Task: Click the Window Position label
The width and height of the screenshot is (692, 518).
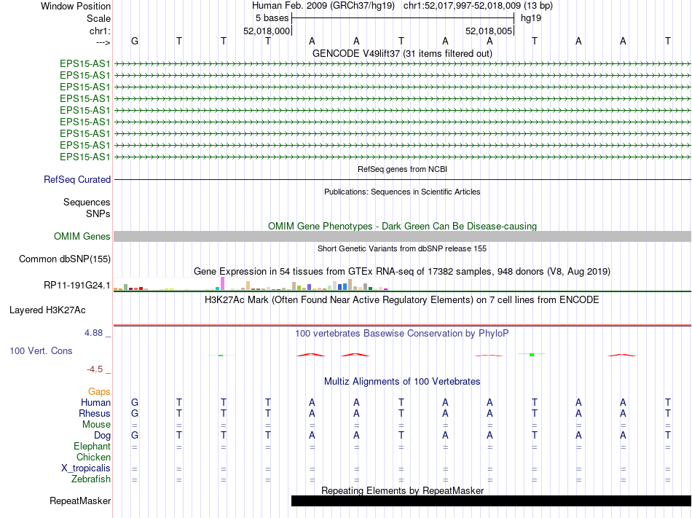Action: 76,6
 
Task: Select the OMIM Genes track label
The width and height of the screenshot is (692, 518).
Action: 82,237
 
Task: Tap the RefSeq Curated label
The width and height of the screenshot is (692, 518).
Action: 77,180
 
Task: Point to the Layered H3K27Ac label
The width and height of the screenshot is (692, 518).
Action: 47,310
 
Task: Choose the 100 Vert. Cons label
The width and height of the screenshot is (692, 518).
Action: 41,351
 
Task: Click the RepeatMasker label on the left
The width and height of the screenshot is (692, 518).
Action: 80,501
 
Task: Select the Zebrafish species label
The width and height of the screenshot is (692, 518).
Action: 91,479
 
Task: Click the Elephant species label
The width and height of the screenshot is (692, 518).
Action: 92,447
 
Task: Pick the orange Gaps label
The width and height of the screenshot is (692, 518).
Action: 99,392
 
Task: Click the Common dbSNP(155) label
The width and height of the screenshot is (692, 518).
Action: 65,259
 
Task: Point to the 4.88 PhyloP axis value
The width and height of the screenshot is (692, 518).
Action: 98,333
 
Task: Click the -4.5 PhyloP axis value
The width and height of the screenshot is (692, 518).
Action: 98,369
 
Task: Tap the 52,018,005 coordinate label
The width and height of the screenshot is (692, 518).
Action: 489,31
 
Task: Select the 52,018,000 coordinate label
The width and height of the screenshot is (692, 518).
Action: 267,31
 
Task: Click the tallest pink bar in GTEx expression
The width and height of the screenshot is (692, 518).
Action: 222,283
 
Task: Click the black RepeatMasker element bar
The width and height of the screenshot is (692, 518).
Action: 491,501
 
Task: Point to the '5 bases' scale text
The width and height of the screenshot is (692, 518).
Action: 272,18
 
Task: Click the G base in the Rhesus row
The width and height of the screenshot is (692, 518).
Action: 134,414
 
